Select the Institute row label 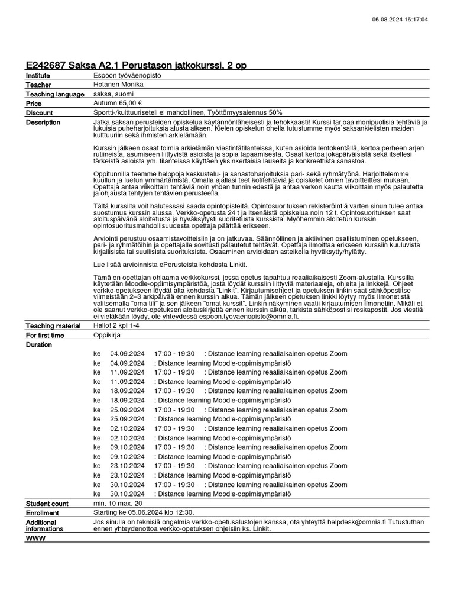[38, 76]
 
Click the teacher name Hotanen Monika [118, 85]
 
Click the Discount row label [40, 112]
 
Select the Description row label [43, 123]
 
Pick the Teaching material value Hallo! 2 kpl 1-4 [119, 325]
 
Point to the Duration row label [39, 344]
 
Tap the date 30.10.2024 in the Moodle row [127, 494]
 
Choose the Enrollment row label [43, 512]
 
